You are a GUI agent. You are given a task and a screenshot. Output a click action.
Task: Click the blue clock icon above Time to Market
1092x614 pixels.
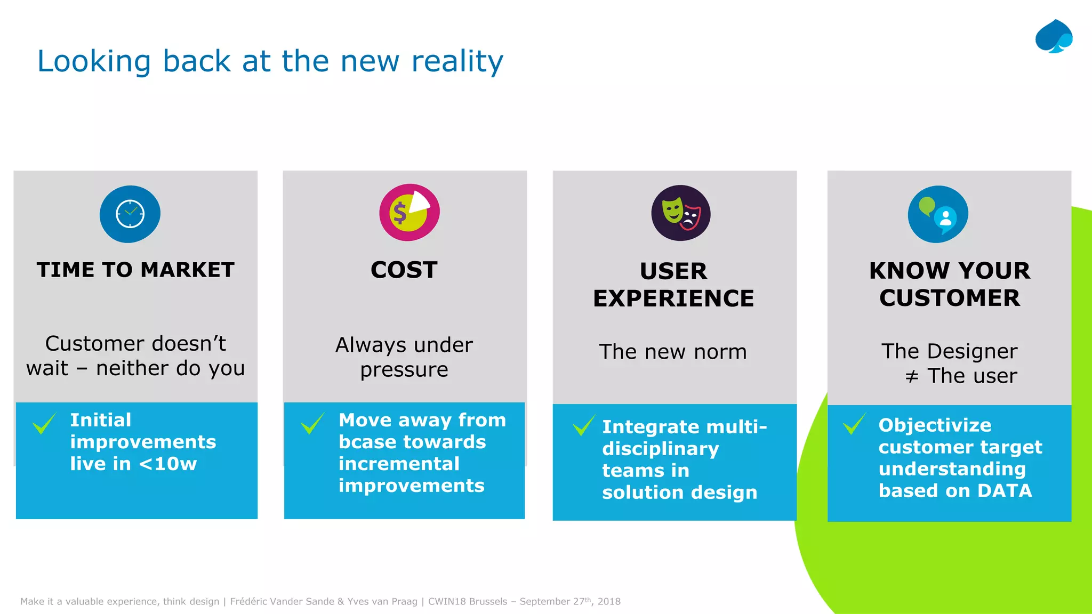click(130, 214)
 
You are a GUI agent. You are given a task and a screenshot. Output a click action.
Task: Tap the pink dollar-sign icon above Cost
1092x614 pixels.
click(409, 212)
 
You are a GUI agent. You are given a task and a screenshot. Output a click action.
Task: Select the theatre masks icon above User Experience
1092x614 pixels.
click(681, 213)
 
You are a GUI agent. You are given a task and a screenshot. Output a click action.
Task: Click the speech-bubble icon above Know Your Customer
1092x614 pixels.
click(938, 214)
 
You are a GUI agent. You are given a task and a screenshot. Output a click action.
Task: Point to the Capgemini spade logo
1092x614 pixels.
click(1054, 37)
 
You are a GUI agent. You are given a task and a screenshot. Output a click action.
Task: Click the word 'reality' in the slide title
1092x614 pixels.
click(457, 61)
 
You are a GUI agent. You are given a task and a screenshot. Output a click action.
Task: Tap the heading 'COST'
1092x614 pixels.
click(404, 270)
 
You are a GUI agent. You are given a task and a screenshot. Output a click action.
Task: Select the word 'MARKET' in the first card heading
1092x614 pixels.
click(187, 270)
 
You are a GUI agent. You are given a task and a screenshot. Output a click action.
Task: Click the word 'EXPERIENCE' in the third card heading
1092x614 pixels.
click(673, 298)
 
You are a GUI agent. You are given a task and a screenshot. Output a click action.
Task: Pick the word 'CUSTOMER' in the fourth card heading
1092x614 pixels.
click(950, 298)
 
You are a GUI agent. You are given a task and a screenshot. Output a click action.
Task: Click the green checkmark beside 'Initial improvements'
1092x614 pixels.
click(44, 423)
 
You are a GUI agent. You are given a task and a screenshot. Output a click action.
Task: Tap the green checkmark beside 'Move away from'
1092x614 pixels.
click(312, 423)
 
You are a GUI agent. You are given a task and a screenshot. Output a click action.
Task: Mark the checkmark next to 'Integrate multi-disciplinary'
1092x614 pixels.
click(584, 425)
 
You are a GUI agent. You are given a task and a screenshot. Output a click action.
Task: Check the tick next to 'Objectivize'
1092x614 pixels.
click(854, 424)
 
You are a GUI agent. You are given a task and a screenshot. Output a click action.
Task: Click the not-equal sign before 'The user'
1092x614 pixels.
click(912, 377)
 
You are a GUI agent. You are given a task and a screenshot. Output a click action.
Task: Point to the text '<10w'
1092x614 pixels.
click(168, 464)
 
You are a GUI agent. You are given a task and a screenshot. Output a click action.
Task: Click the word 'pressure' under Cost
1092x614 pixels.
click(404, 370)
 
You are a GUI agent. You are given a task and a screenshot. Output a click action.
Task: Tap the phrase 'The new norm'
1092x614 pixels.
click(673, 352)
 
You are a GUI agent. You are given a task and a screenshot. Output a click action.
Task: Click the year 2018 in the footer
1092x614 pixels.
click(609, 602)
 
